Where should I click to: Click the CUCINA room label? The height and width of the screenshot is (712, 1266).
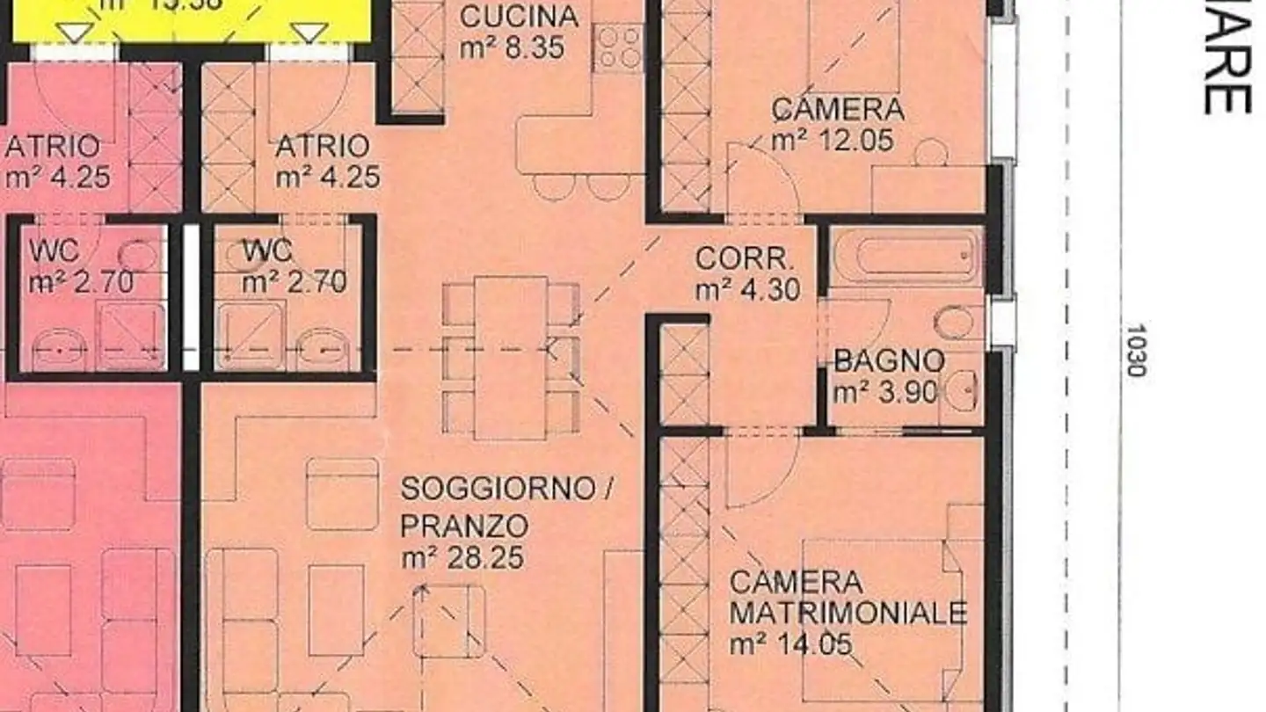[x=519, y=17]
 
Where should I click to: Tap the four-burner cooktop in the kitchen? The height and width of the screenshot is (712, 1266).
[x=618, y=47]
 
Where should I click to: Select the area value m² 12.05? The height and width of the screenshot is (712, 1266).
[x=833, y=141]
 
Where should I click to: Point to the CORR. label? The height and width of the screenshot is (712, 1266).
[x=745, y=259]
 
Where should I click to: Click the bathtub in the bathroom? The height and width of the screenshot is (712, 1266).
[x=906, y=256]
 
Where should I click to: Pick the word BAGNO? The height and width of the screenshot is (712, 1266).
[x=889, y=361]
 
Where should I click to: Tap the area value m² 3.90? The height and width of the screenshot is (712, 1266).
[x=884, y=392]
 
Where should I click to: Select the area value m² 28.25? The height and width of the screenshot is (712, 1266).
[x=463, y=557]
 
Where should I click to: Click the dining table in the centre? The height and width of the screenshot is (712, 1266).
[x=511, y=357]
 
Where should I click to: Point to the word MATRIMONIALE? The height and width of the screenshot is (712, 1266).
[x=848, y=613]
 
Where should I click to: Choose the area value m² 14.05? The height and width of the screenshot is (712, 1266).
[x=790, y=644]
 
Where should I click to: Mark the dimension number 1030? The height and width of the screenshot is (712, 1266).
[x=1135, y=351]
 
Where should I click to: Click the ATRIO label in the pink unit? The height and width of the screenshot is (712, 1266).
[x=53, y=146]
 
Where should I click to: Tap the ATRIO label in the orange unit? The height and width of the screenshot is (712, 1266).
[x=322, y=146]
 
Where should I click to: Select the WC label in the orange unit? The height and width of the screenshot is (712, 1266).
[x=267, y=251]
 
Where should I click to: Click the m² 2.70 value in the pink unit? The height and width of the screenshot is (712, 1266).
[x=81, y=283]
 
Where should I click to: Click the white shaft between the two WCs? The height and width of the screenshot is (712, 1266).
[x=191, y=299]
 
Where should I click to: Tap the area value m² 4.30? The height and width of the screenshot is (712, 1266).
[x=747, y=290]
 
